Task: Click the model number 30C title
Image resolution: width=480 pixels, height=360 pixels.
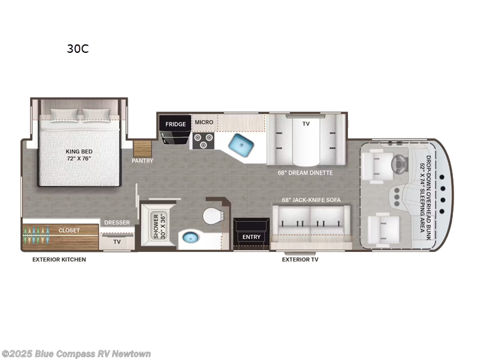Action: click(x=77, y=49)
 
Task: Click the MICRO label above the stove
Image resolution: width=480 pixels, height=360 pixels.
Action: click(x=204, y=122)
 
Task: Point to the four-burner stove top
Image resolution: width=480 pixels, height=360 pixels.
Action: click(x=203, y=140)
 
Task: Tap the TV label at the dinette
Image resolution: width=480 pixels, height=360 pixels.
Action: click(x=306, y=123)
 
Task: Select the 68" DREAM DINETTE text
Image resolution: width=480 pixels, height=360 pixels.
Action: click(x=305, y=173)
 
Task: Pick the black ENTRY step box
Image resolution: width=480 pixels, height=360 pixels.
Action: click(x=251, y=236)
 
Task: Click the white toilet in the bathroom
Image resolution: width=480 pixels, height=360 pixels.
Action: click(x=212, y=215)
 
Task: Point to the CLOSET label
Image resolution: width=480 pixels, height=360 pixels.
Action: click(x=69, y=230)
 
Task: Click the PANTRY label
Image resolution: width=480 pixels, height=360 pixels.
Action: click(x=143, y=161)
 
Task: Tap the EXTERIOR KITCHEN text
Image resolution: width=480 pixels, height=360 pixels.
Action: click(x=59, y=260)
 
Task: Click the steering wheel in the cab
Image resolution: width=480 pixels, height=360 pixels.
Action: click(x=398, y=163)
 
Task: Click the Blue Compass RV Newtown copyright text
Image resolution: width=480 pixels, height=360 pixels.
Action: click(x=76, y=353)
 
